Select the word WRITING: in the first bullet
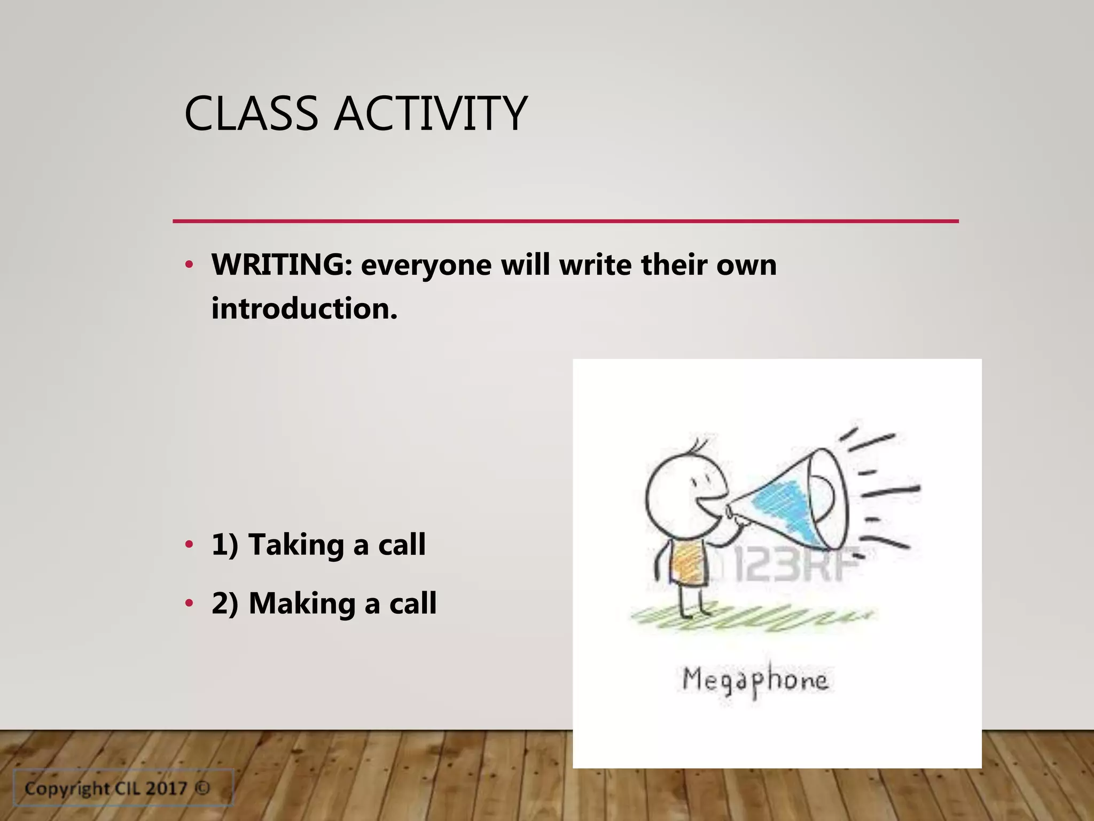(282, 265)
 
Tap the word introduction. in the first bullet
(304, 309)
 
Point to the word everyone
(426, 266)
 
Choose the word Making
(302, 604)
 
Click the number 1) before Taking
(224, 545)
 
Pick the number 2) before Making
(224, 604)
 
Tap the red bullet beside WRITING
(189, 265)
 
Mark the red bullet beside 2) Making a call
(189, 604)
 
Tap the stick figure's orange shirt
(686, 564)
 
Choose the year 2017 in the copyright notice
(167, 788)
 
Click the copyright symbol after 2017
(202, 788)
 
